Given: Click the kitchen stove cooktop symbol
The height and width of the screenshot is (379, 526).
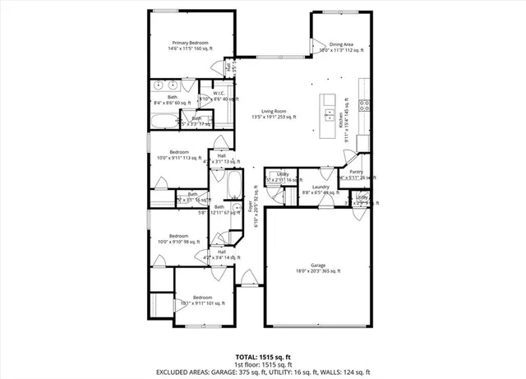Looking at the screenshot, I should click(364, 104).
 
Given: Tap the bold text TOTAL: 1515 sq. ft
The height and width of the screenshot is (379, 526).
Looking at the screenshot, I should click(262, 357).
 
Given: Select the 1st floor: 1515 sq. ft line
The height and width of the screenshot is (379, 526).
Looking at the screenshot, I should click(262, 364).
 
